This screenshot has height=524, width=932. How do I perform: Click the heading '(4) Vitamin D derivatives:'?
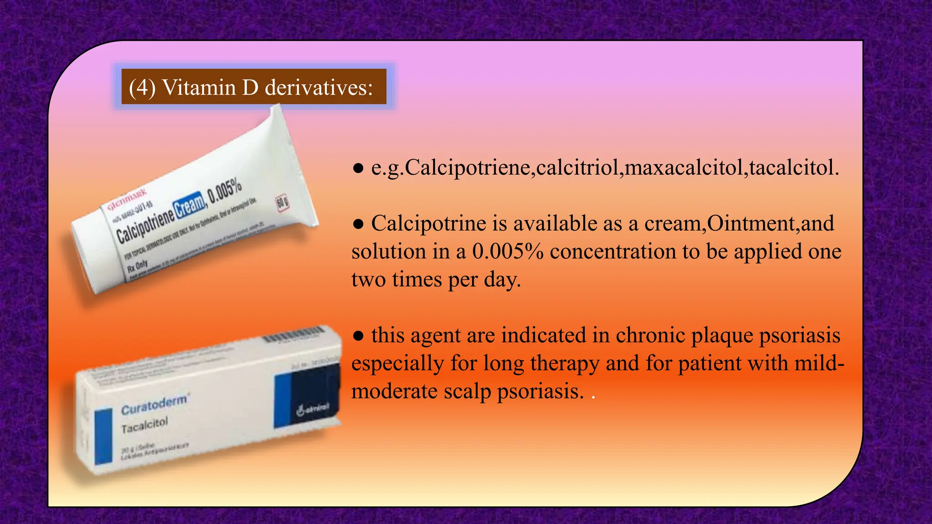tap(251, 87)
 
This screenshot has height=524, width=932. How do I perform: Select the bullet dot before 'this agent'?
tap(359, 336)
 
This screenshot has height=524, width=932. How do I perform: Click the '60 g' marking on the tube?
tap(283, 203)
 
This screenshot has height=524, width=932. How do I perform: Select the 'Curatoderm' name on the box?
tap(154, 404)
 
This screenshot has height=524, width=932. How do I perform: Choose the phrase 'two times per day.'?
tap(436, 279)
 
